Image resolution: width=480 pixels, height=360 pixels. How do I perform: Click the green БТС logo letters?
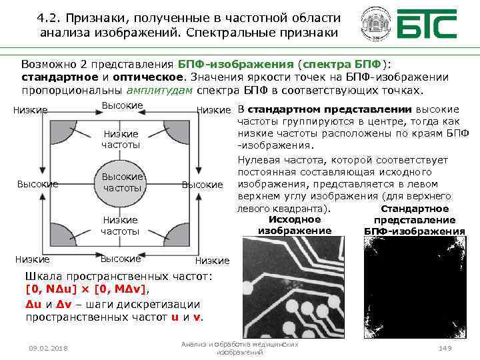tap(427, 25)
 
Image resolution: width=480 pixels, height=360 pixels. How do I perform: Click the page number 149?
tap(445, 349)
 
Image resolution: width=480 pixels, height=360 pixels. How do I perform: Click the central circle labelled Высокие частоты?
tap(122, 182)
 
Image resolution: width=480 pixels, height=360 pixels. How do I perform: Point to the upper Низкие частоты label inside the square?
tap(121, 139)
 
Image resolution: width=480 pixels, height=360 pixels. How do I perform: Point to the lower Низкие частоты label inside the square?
tap(121, 225)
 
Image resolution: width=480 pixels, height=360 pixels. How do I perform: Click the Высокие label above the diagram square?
tap(122, 105)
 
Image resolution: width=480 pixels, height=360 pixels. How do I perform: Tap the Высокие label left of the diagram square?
tap(37, 184)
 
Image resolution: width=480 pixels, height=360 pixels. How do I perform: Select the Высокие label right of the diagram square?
tap(202, 184)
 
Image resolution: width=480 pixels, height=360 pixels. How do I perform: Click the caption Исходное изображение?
tap(295, 225)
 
